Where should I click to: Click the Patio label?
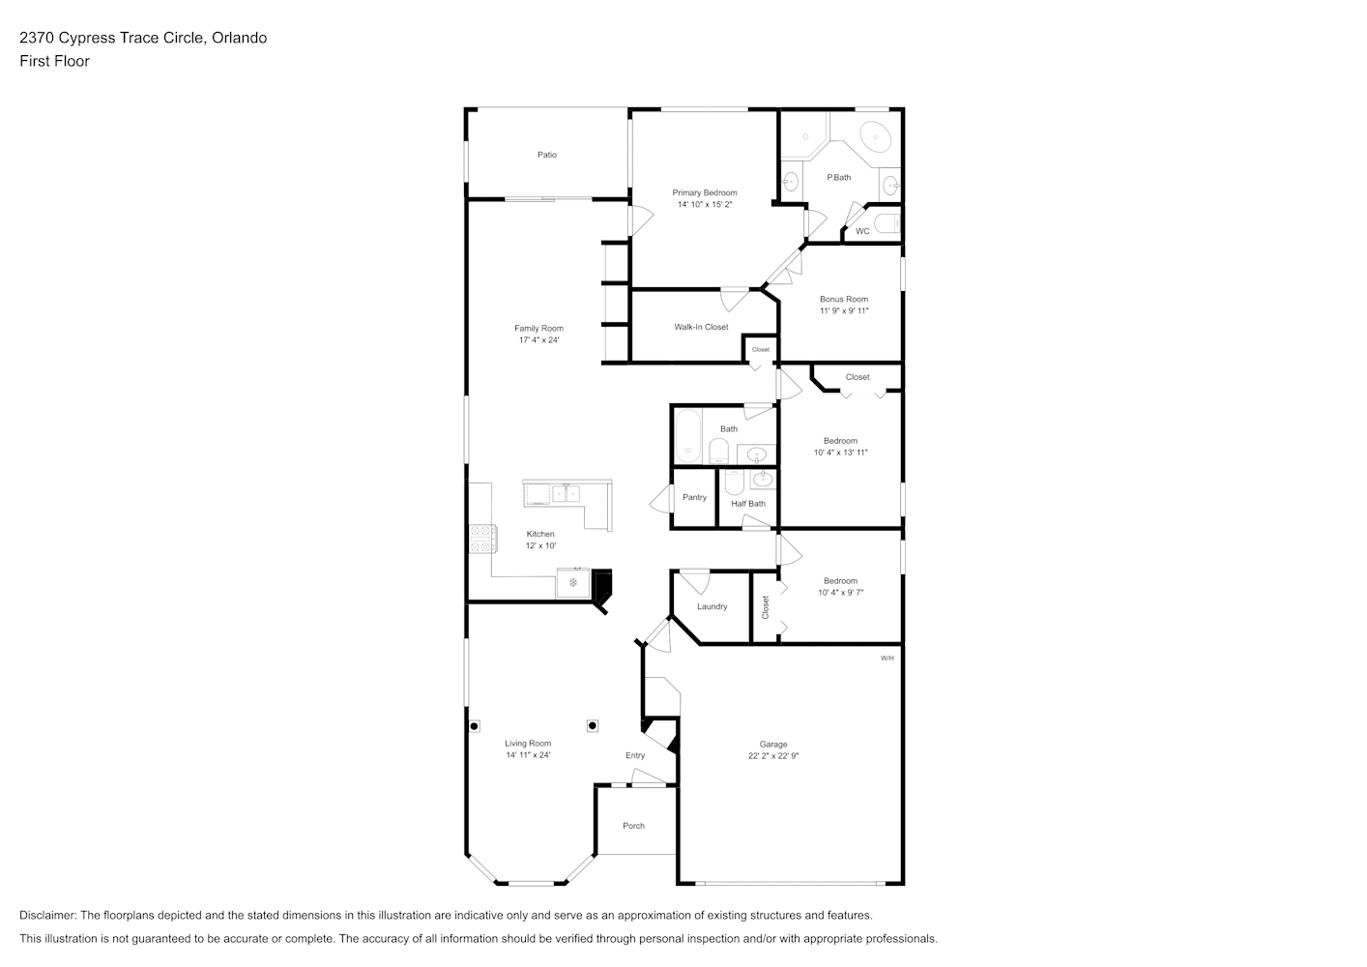547,155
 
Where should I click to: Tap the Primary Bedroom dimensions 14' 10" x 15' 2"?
705,204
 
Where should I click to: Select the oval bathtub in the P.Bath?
877,136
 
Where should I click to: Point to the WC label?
862,231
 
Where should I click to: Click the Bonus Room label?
844,299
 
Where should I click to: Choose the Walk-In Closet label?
701,327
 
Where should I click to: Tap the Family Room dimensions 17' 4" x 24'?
538,340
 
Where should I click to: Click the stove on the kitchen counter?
482,540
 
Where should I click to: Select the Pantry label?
694,498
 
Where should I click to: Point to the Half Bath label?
748,504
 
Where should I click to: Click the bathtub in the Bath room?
688,435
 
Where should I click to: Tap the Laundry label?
713,607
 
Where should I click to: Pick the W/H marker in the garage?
887,659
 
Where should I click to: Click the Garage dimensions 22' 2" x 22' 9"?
773,756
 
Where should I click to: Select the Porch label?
633,826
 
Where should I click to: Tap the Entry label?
635,756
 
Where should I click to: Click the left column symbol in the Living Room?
474,726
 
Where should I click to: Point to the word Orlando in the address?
239,38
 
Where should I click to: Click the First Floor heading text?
54,61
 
